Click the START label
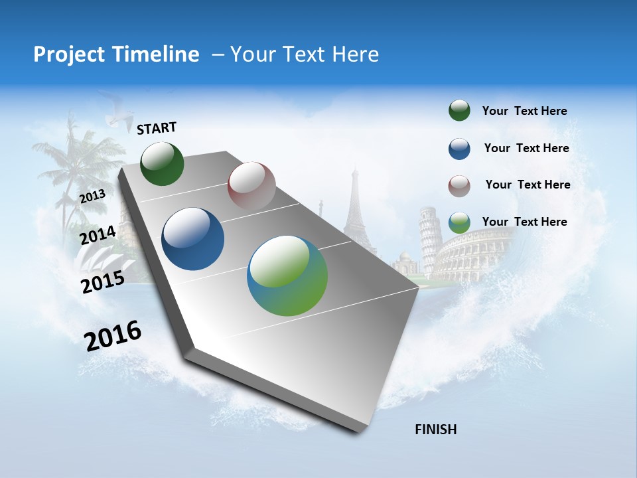pos(157,128)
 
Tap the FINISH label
pos(435,430)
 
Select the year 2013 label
pos(92,196)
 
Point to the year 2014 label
pos(98,235)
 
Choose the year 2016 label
pos(113,336)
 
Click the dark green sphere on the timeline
pos(162,163)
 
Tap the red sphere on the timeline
pos(251,186)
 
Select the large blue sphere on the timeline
pos(193,239)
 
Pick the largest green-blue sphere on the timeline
pos(287,276)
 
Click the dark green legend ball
pos(459,111)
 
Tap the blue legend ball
pos(459,149)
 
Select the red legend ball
pos(459,186)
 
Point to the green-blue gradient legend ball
pos(459,222)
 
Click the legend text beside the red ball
pos(528,185)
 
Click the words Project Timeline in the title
pos(116,54)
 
